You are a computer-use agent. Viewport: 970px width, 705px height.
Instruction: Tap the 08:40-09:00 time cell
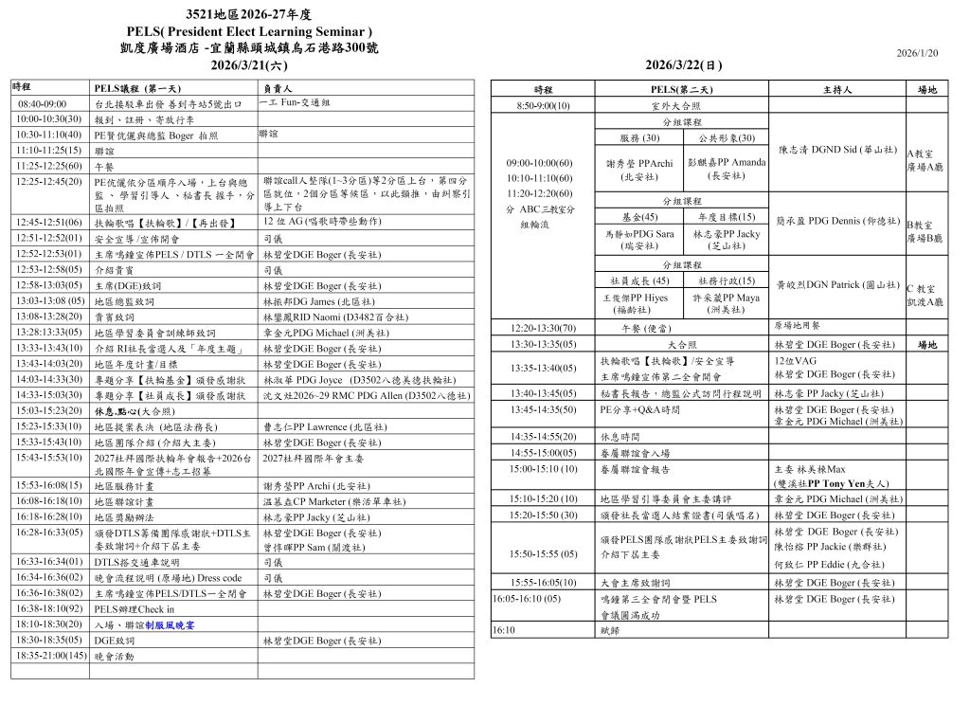pyautogui.click(x=43, y=102)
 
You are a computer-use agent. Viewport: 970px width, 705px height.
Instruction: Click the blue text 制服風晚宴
pyautogui.click(x=170, y=625)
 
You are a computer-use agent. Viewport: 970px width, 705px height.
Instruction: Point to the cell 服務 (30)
pyautogui.click(x=639, y=138)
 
